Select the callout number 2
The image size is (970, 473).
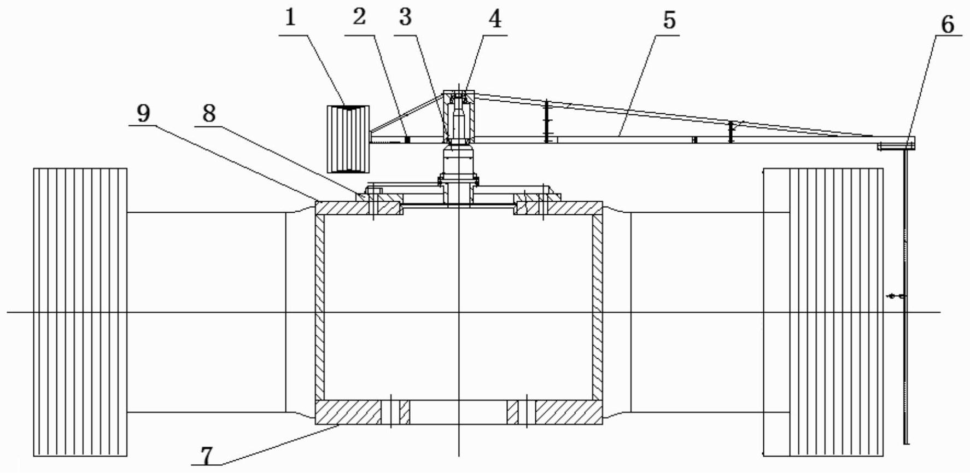click(x=359, y=17)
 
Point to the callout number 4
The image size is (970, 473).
click(x=494, y=20)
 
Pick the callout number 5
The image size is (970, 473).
click(x=669, y=21)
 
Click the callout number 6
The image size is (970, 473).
click(x=947, y=25)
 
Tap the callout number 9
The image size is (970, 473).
click(x=143, y=113)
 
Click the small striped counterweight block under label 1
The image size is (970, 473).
click(x=348, y=138)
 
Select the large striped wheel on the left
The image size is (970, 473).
click(x=80, y=312)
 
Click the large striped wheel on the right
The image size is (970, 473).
click(x=823, y=312)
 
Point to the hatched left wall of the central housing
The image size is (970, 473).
click(x=320, y=306)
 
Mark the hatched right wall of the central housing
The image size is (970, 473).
click(x=598, y=306)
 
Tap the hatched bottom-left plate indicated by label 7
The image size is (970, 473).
click(x=348, y=412)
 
